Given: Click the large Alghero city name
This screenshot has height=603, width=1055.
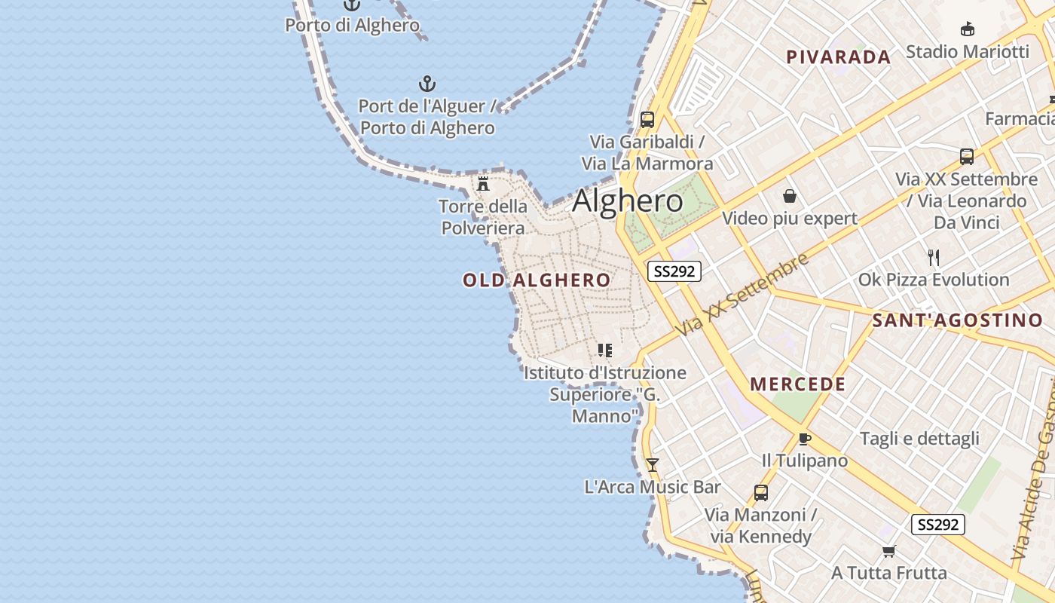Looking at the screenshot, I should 628,201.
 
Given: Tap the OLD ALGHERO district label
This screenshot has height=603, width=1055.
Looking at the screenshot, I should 537,280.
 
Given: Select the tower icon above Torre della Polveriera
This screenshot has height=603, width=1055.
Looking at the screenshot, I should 484,183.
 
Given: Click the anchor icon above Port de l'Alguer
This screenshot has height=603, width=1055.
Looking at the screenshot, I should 427,84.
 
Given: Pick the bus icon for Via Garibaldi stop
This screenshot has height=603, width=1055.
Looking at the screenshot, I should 647,120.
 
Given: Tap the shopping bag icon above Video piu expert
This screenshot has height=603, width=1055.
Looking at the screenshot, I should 790,197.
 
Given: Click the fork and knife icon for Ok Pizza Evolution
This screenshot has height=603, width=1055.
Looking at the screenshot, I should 934,258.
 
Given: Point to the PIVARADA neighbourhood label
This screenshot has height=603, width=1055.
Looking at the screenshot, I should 838,57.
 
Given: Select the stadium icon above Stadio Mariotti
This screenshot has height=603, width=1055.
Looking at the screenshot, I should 968,29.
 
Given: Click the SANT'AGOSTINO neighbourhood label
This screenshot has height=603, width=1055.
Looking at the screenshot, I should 957,320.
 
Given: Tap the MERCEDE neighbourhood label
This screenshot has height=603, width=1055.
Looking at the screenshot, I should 797,384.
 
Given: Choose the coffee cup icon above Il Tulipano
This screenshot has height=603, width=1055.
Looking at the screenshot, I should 804,439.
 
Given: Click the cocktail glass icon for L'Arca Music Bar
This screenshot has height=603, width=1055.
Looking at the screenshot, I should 653,465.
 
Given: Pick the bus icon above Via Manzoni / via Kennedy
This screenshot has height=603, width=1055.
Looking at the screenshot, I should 761,493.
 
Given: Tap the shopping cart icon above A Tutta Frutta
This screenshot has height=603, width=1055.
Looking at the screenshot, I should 889,551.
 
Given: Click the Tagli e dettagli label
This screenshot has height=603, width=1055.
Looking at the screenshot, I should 919,439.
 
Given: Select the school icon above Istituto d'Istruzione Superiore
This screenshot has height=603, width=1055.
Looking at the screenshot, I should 604,350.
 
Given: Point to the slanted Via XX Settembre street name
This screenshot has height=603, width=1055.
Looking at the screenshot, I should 742,295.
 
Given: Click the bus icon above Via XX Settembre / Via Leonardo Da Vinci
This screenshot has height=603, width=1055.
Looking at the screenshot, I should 967,157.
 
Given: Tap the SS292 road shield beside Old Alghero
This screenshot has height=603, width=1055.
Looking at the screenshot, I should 674,271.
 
